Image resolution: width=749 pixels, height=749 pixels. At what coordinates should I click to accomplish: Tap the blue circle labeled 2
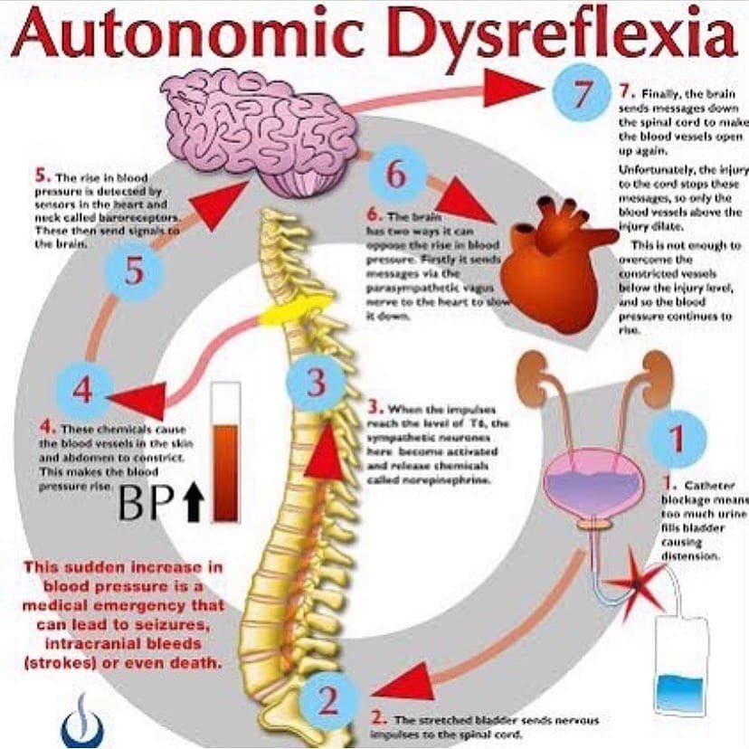[328, 698]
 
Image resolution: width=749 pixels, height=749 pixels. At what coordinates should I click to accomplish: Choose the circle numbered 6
[396, 175]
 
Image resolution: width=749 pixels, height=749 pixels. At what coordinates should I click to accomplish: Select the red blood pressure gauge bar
[225, 457]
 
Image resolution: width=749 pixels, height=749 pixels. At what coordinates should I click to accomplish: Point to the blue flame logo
[81, 720]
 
